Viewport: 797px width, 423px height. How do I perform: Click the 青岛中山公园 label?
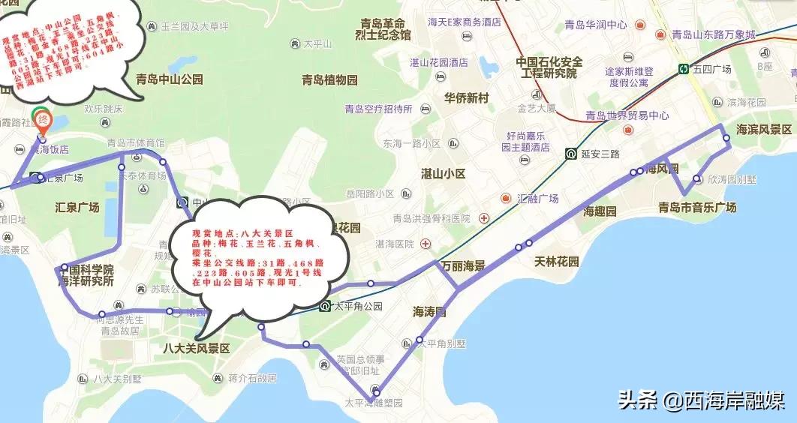click(169, 79)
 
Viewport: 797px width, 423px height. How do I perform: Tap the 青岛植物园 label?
click(329, 79)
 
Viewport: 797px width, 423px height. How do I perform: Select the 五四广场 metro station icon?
click(684, 68)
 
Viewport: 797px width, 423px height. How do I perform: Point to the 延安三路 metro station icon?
click(571, 154)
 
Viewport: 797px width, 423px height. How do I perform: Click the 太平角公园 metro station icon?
click(324, 306)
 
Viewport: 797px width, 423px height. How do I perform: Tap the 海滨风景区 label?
click(764, 129)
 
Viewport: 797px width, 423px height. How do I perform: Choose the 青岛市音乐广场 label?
click(696, 207)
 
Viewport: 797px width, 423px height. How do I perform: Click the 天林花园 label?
click(556, 262)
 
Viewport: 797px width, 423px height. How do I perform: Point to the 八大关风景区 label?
click(196, 349)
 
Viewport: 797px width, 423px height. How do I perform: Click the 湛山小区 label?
click(444, 173)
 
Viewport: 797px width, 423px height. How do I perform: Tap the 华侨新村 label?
click(466, 98)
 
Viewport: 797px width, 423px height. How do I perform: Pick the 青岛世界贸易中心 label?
click(627, 115)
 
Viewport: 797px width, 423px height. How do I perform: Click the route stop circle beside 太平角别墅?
click(420, 340)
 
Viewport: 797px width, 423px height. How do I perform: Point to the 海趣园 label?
click(600, 211)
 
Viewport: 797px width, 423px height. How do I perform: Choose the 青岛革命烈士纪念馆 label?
click(384, 28)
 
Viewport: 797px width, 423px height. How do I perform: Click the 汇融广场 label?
click(537, 199)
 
